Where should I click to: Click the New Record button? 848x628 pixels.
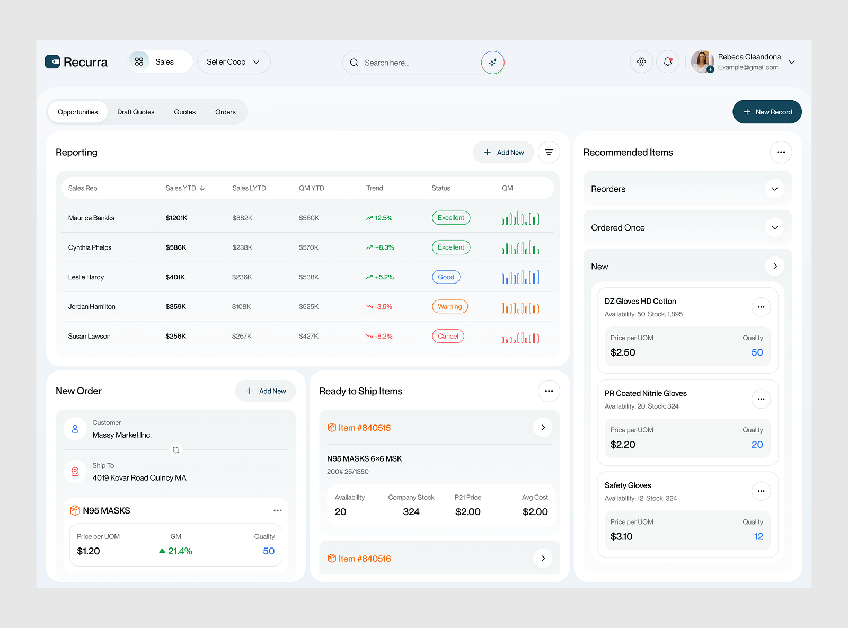[767, 112]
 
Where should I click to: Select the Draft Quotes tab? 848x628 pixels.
[136, 112]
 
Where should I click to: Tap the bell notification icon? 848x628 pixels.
[667, 62]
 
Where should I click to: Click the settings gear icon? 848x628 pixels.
[641, 62]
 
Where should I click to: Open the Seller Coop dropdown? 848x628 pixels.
[234, 62]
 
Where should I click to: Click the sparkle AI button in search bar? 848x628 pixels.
[492, 63]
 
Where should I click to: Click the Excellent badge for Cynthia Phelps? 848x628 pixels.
[450, 247]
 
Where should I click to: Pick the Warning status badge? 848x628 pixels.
[449, 307]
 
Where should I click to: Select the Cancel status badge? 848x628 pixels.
[448, 337]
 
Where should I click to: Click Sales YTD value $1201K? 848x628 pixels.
[176, 218]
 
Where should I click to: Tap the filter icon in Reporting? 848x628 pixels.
[549, 153]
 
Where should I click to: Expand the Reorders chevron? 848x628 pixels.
[774, 189]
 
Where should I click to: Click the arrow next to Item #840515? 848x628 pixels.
[542, 428]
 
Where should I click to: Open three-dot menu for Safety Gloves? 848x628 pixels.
[761, 491]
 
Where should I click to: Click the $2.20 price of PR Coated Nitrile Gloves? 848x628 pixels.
[623, 445]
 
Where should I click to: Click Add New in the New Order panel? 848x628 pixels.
[266, 391]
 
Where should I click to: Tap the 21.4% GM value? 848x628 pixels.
[180, 551]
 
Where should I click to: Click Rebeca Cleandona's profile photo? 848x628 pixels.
[702, 61]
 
